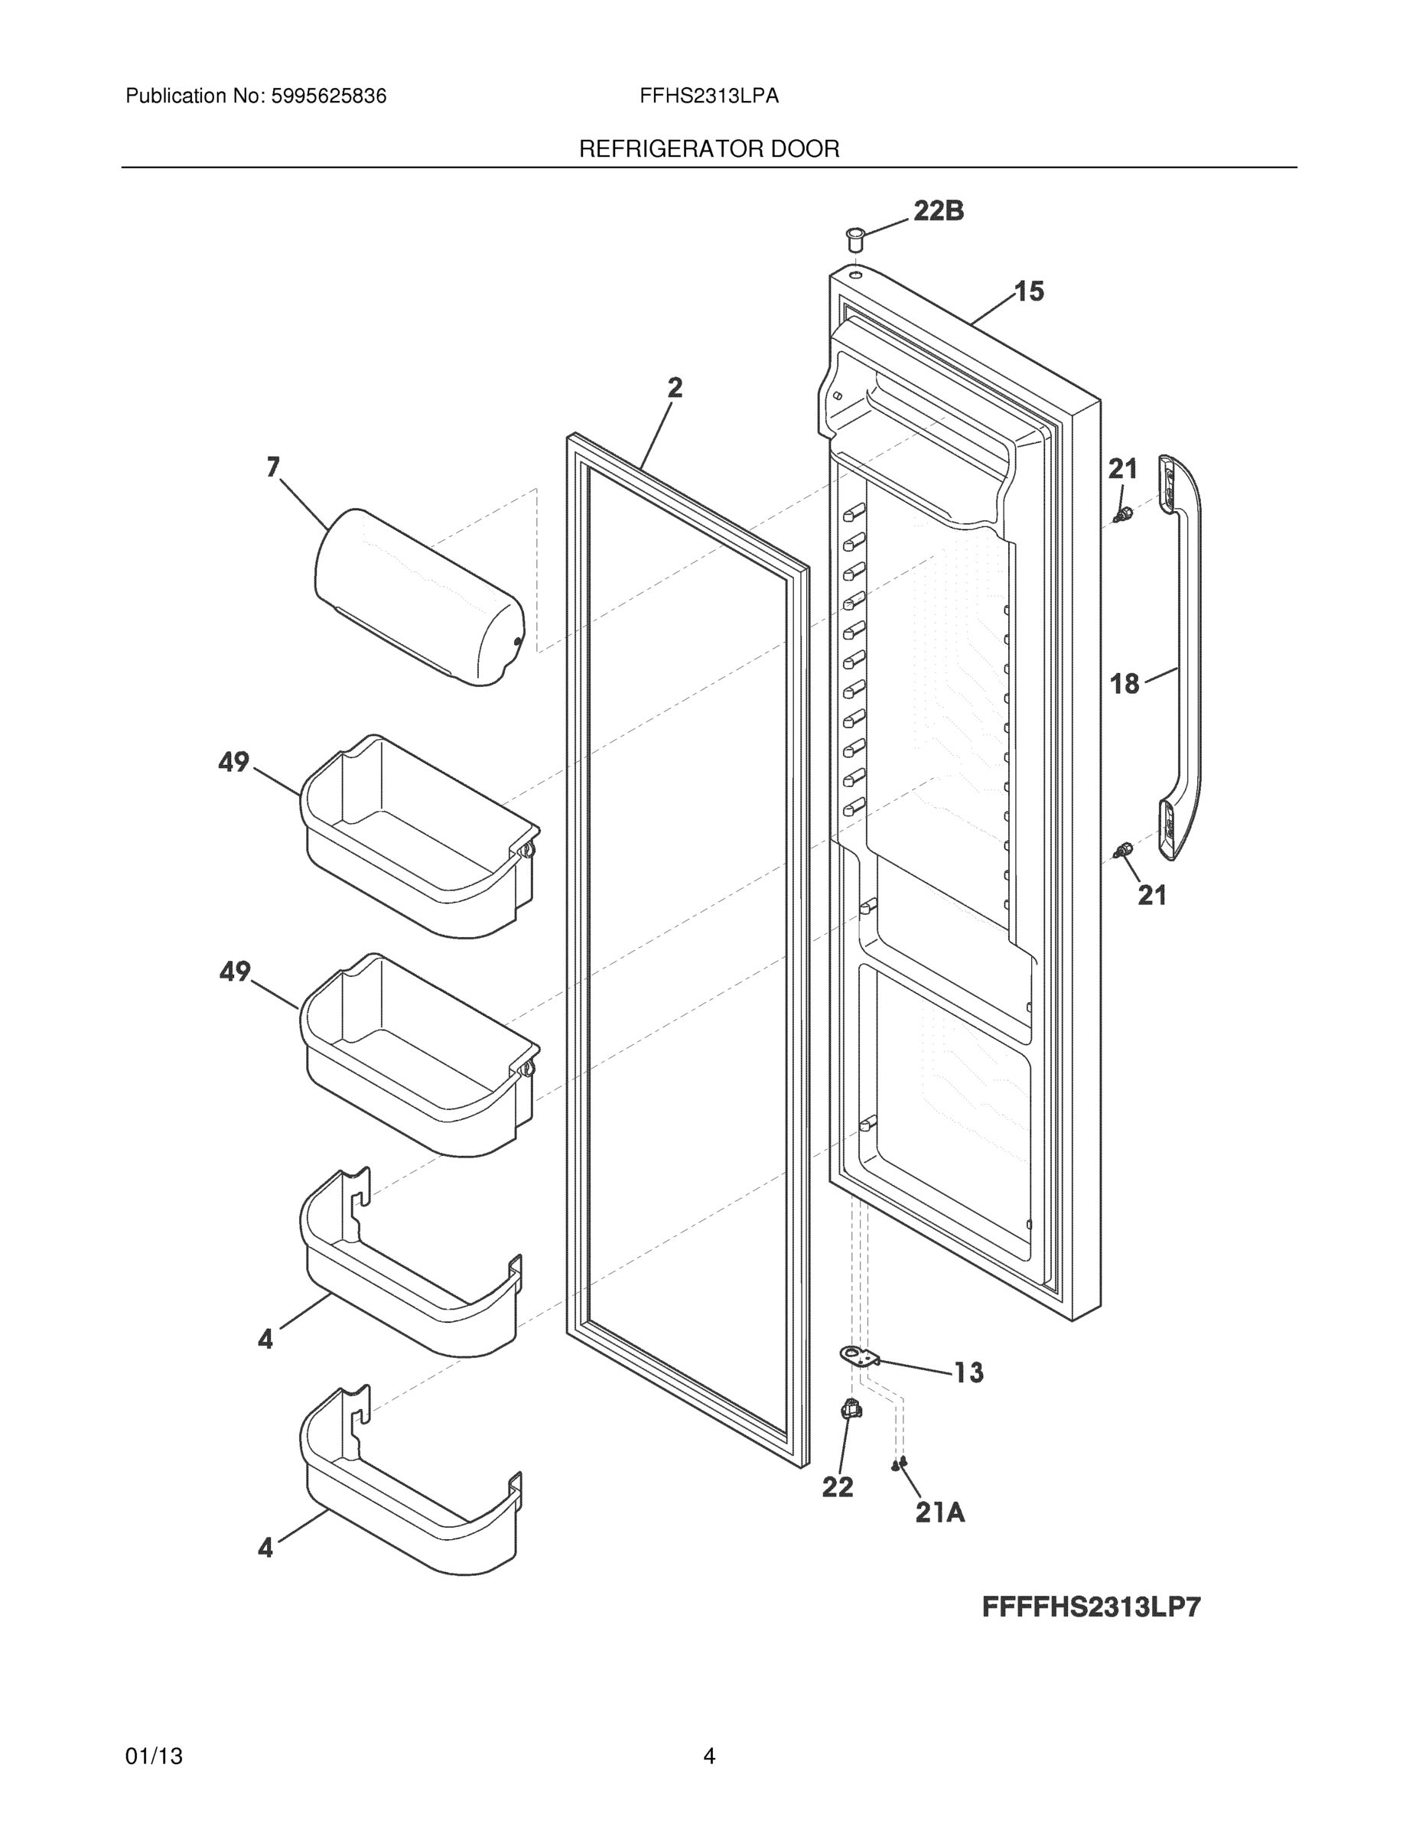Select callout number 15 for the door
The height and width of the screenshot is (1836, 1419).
[x=1029, y=291]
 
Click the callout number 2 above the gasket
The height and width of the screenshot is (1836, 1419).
[x=675, y=388]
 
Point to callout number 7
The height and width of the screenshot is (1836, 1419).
[x=273, y=467]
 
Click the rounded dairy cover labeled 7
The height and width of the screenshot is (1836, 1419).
[x=418, y=597]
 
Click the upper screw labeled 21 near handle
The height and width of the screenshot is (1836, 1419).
[x=1121, y=515]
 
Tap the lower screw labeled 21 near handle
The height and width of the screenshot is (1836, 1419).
[x=1121, y=852]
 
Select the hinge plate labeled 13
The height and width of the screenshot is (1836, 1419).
[x=859, y=1355]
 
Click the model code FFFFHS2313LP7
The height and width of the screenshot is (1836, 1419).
[x=1091, y=1608]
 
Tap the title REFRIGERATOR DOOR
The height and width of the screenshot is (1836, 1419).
[x=708, y=150]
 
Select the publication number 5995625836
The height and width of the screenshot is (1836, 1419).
[x=328, y=96]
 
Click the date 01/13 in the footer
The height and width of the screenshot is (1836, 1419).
[x=154, y=1757]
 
